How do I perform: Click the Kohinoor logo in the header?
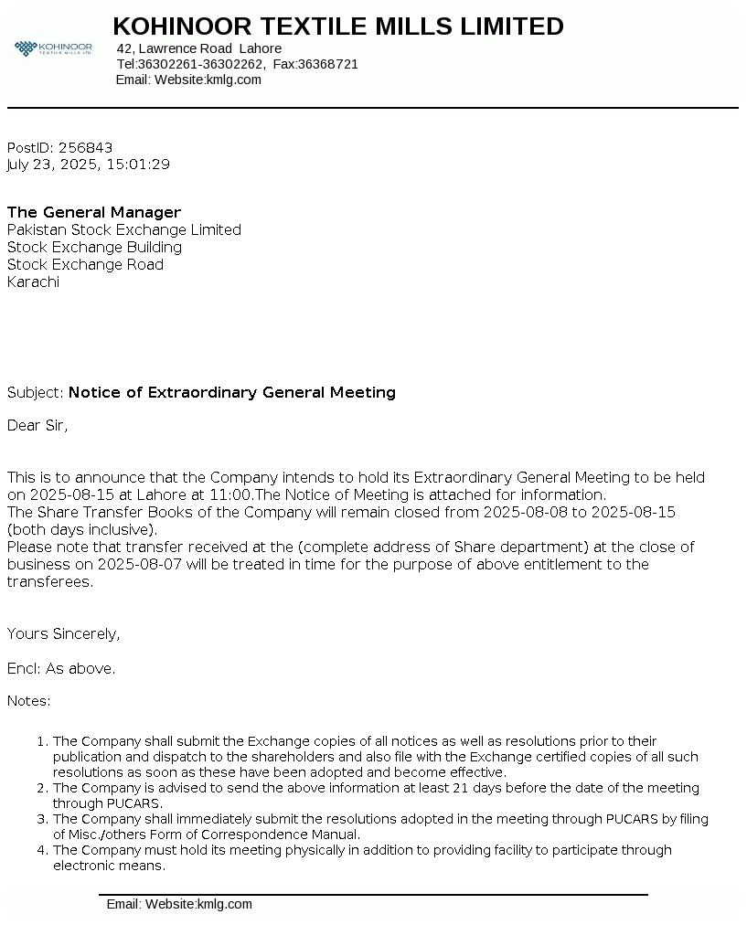click(x=53, y=48)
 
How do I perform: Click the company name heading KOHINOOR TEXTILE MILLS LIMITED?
click(x=338, y=27)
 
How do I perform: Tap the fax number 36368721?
click(x=328, y=64)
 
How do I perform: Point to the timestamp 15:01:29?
click(x=138, y=165)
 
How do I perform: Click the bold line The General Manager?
click(x=94, y=212)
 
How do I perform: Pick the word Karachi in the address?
click(x=33, y=282)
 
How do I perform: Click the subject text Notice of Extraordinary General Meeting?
click(x=232, y=392)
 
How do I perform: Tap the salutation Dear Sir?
click(x=37, y=425)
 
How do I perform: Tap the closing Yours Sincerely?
click(x=64, y=633)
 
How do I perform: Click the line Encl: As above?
click(x=61, y=668)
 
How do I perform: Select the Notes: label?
click(x=29, y=701)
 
